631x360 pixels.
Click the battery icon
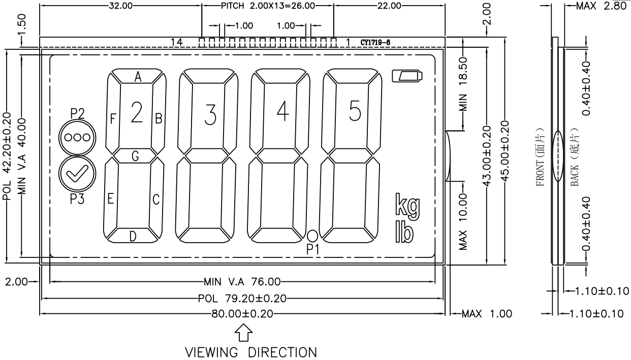(x=407, y=76)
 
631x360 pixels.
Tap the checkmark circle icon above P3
(x=77, y=174)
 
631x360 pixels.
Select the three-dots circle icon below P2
(x=77, y=138)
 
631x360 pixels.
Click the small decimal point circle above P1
(x=312, y=236)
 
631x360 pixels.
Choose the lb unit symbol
(x=404, y=232)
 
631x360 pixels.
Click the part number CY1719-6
(x=375, y=43)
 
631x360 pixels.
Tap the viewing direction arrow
(x=243, y=333)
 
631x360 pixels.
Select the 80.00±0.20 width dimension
(x=242, y=314)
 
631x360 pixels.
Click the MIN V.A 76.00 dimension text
(x=242, y=281)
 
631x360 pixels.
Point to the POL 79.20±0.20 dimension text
(x=242, y=299)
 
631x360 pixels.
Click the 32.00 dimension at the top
(x=120, y=6)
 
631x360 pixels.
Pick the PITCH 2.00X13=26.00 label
(x=268, y=6)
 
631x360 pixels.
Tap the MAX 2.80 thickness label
(x=601, y=6)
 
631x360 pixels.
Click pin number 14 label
(x=177, y=43)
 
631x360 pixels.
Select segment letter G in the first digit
(x=135, y=156)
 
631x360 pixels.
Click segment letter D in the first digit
(x=133, y=237)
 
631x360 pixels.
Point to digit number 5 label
(x=355, y=111)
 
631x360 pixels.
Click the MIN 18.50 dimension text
(x=463, y=84)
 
